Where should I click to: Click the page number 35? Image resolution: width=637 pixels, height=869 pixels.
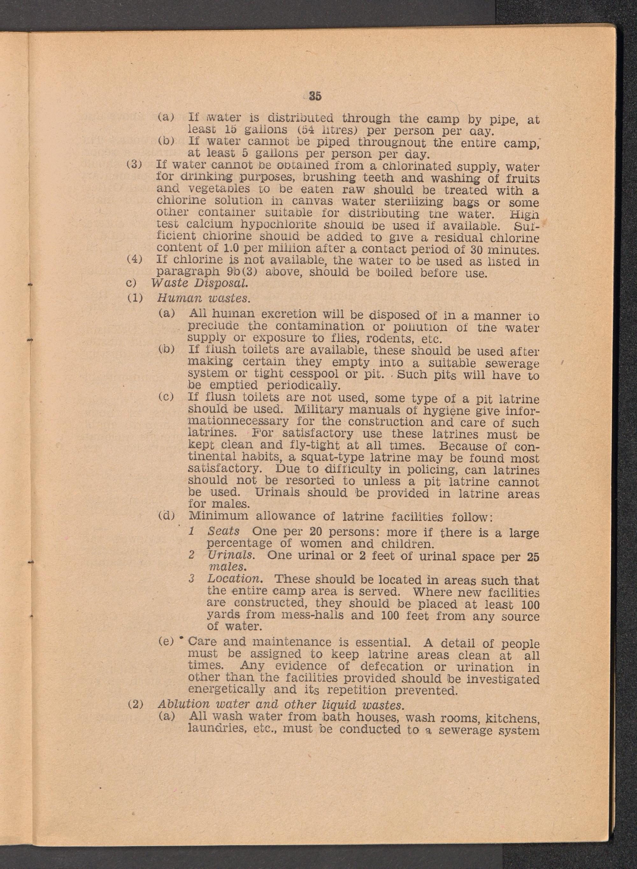click(315, 96)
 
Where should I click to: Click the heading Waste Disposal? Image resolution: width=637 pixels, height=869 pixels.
click(199, 284)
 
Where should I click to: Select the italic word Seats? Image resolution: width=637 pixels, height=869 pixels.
click(223, 532)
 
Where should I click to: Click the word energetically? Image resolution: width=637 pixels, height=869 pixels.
click(226, 689)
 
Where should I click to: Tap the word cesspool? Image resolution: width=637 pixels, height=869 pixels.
click(317, 374)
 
